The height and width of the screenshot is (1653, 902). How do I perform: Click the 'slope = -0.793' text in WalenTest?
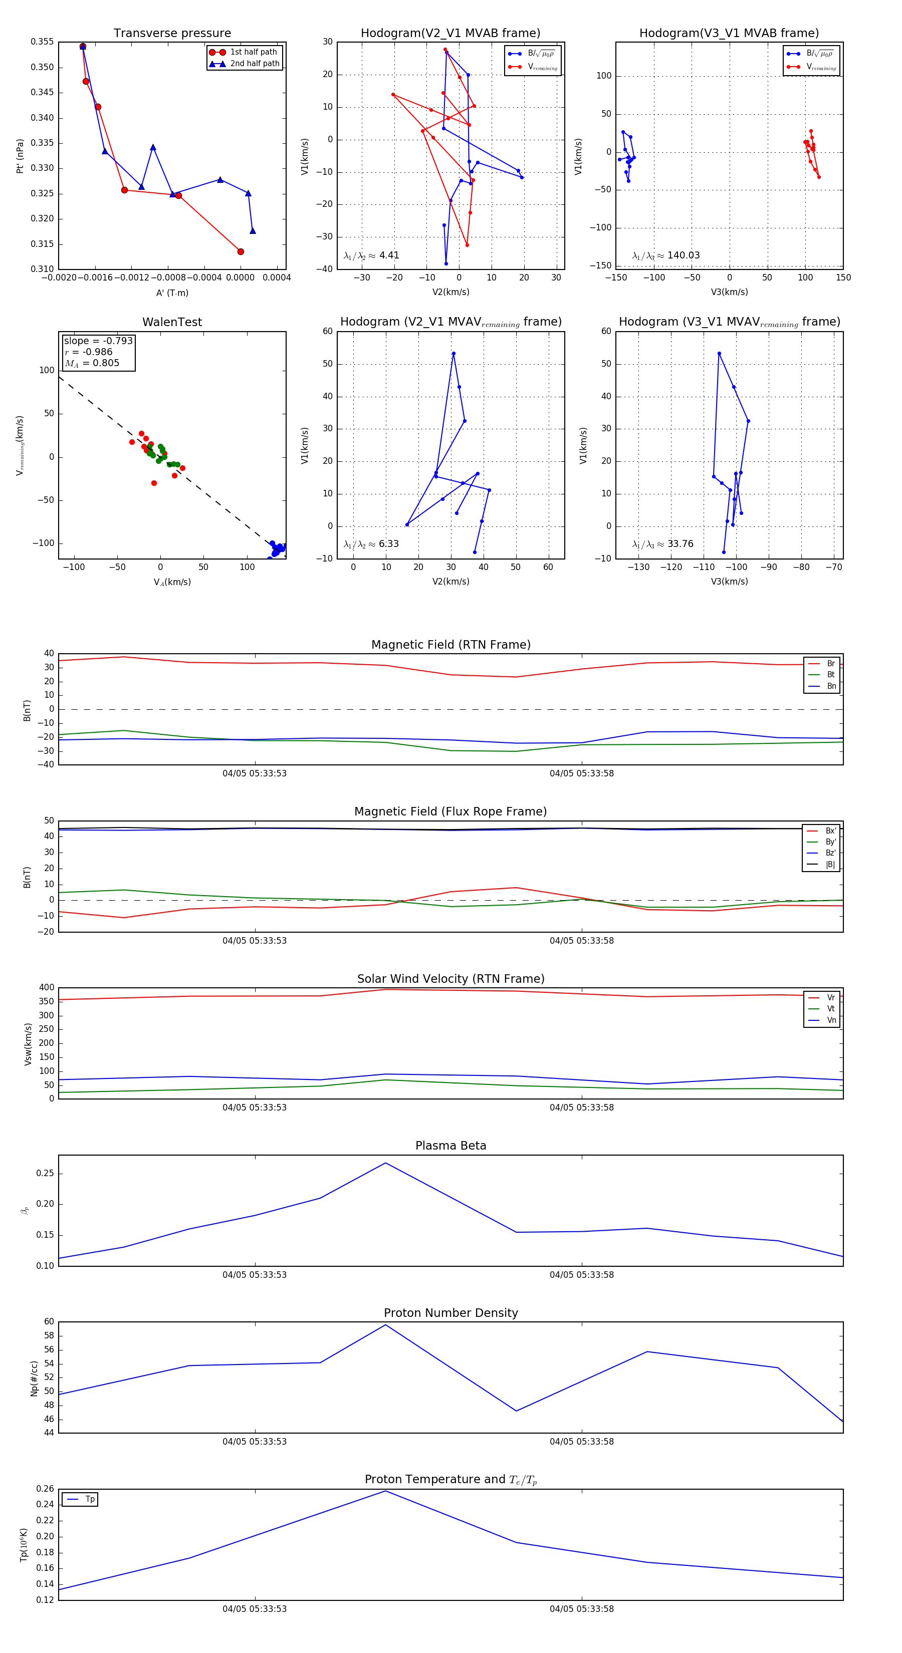tap(98, 341)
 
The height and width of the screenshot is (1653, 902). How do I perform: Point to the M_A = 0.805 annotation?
tap(92, 363)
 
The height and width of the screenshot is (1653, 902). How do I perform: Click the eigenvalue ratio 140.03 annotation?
tap(666, 255)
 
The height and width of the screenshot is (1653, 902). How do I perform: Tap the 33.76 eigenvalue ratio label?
tap(662, 544)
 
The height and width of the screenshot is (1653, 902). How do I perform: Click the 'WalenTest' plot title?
tap(172, 322)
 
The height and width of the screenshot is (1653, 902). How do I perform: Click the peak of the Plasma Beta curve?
tap(385, 1163)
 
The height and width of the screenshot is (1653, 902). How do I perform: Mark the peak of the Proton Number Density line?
tap(385, 1325)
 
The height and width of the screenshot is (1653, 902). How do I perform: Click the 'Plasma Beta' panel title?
tap(450, 1146)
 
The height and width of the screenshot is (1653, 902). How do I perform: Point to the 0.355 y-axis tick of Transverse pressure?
tap(43, 42)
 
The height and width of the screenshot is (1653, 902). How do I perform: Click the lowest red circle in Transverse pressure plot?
tap(241, 251)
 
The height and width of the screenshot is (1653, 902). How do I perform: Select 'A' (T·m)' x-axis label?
tap(172, 293)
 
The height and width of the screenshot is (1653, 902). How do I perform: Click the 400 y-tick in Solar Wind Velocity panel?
tap(47, 988)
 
